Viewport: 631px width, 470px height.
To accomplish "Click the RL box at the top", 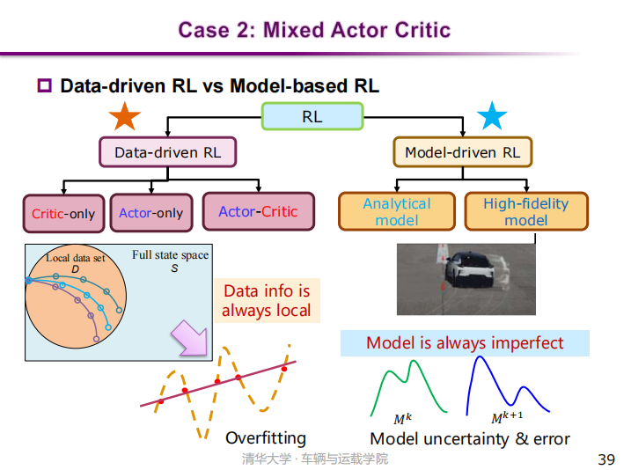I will click(x=312, y=116).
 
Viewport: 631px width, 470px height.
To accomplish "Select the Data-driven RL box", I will click(x=167, y=152).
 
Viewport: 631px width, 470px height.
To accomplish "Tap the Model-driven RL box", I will click(x=462, y=152).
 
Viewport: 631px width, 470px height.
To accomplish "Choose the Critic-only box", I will click(x=63, y=213).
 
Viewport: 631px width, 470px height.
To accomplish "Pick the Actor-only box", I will click(x=150, y=213).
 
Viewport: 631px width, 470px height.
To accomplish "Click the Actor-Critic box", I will click(x=258, y=211).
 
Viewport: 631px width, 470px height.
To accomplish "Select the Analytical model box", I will click(x=397, y=211).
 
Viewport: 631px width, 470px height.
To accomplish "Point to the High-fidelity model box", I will click(x=525, y=211).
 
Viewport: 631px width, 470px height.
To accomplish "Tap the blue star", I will click(x=492, y=116).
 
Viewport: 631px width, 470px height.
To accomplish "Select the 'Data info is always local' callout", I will click(x=266, y=301).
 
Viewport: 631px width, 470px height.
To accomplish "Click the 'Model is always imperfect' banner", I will click(x=465, y=342).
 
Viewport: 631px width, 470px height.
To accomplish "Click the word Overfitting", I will click(x=266, y=437).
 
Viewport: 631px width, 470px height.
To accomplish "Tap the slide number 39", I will click(x=605, y=459).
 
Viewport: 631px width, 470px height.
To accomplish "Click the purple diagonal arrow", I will click(x=187, y=339).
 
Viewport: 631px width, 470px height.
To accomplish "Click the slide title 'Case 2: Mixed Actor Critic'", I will click(x=314, y=30).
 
